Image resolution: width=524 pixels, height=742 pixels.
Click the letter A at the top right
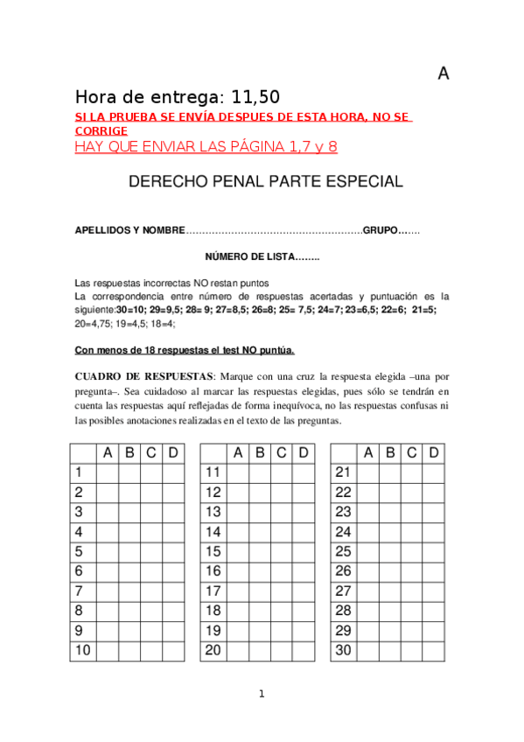coord(444,74)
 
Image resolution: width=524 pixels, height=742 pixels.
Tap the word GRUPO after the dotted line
coord(381,230)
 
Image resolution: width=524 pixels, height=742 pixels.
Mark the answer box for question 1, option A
coord(108,472)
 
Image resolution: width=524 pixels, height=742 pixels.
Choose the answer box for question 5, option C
coord(151,551)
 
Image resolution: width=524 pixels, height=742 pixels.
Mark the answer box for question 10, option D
coord(173,651)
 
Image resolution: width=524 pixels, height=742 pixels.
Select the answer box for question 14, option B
coord(260,532)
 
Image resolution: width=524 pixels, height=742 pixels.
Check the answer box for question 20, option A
coord(238,651)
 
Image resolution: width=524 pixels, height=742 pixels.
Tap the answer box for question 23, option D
coord(433,512)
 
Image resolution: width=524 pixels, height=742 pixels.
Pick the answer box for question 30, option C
coord(411,651)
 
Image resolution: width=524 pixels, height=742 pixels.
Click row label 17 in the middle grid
coord(213,591)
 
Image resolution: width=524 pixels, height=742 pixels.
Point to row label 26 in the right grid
coord(343,571)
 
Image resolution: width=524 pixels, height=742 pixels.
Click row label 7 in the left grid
coord(80,591)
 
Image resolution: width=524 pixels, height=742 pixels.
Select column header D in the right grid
coord(433,452)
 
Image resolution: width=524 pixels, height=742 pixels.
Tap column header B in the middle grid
coord(260,452)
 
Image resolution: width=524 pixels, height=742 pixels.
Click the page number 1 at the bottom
coord(261,695)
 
